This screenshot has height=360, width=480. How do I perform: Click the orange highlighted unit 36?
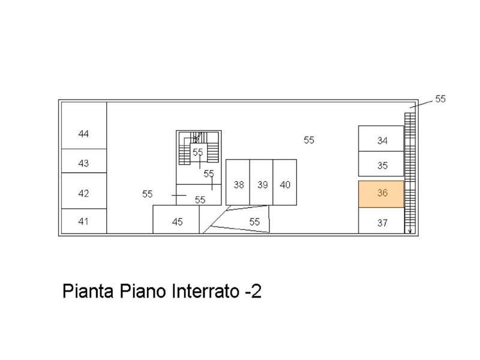381,194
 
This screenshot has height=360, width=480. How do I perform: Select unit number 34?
381,139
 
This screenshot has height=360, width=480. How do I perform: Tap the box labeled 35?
381,164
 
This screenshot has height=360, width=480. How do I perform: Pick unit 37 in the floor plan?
381,220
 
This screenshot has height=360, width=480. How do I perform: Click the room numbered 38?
238,182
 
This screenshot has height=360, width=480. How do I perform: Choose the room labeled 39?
262,182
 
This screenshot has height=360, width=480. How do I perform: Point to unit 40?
284,182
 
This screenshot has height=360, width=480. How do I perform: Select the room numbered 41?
84,221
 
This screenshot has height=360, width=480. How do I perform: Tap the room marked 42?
84,191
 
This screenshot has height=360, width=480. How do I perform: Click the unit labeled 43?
84,161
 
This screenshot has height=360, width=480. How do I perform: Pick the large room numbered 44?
84,125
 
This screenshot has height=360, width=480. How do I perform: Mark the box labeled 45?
176,219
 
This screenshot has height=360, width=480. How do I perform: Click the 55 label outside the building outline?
440,99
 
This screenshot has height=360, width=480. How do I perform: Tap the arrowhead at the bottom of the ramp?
410,231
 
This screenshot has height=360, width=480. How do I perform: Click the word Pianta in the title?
88,291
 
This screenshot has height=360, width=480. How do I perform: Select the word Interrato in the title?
205,291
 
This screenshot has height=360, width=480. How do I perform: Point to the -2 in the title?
253,292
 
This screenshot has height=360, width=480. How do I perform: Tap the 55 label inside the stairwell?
198,152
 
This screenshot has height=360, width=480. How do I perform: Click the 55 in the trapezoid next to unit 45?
254,221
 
